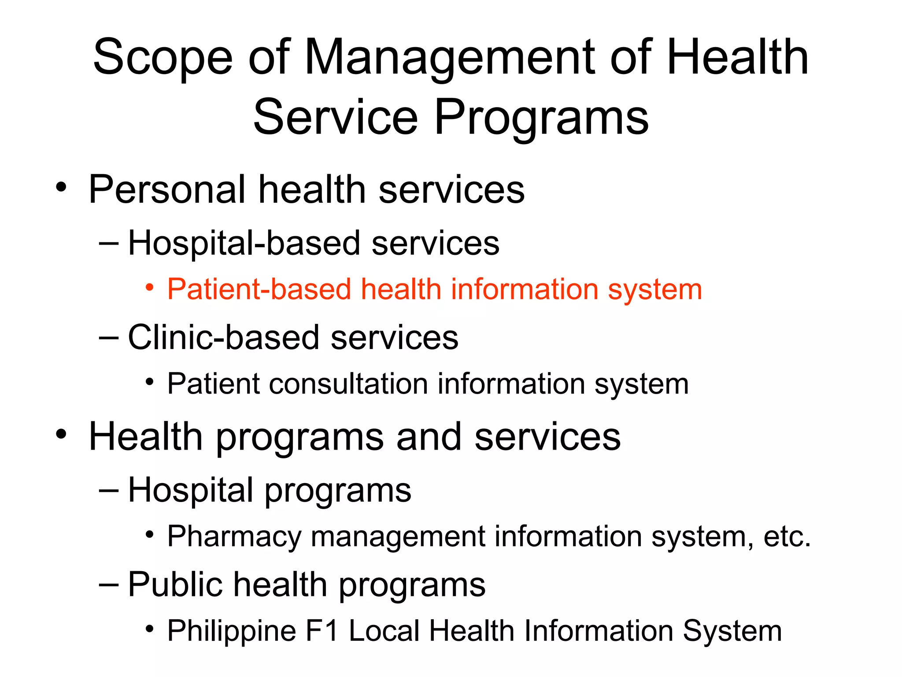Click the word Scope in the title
(x=163, y=57)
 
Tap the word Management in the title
(x=449, y=57)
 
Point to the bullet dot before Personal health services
(x=61, y=187)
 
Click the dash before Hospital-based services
(x=109, y=243)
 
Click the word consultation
(x=348, y=384)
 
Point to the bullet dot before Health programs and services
(x=61, y=434)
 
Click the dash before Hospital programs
(x=109, y=490)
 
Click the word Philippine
(x=232, y=631)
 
